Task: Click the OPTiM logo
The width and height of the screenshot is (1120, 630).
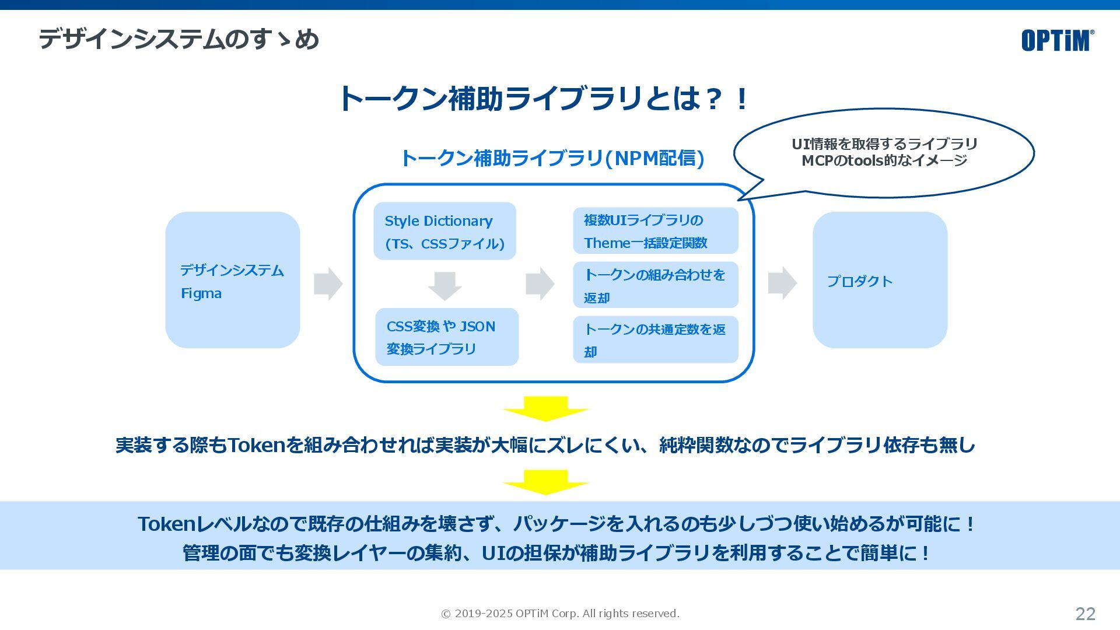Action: [1057, 40]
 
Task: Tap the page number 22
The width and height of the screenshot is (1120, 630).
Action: [1085, 614]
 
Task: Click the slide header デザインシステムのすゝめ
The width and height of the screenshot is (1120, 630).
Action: [179, 40]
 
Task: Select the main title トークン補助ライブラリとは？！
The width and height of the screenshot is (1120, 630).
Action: [543, 98]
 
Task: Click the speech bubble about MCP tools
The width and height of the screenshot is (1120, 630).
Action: [884, 152]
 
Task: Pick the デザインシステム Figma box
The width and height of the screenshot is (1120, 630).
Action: [232, 280]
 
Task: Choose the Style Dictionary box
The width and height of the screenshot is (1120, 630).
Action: [444, 231]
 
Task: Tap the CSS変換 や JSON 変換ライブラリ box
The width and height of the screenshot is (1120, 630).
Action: [446, 337]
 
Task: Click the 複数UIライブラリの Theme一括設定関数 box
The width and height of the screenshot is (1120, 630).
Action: [655, 231]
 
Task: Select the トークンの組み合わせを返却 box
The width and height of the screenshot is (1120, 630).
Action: [655, 285]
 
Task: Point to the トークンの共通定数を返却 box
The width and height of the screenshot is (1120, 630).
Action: [655, 339]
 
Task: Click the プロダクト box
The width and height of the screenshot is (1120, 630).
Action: [880, 280]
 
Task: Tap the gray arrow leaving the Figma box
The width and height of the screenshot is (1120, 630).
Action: [328, 284]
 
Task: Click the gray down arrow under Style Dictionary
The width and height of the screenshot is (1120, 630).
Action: [444, 286]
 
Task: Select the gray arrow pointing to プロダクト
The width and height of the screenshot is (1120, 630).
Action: [782, 283]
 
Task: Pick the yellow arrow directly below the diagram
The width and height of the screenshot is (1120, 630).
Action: [545, 408]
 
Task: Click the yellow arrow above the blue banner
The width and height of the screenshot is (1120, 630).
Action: [545, 482]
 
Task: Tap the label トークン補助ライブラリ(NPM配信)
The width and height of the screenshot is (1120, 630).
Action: [552, 158]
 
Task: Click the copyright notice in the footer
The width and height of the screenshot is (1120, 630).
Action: [560, 614]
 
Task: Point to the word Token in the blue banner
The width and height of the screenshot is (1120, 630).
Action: [166, 524]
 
